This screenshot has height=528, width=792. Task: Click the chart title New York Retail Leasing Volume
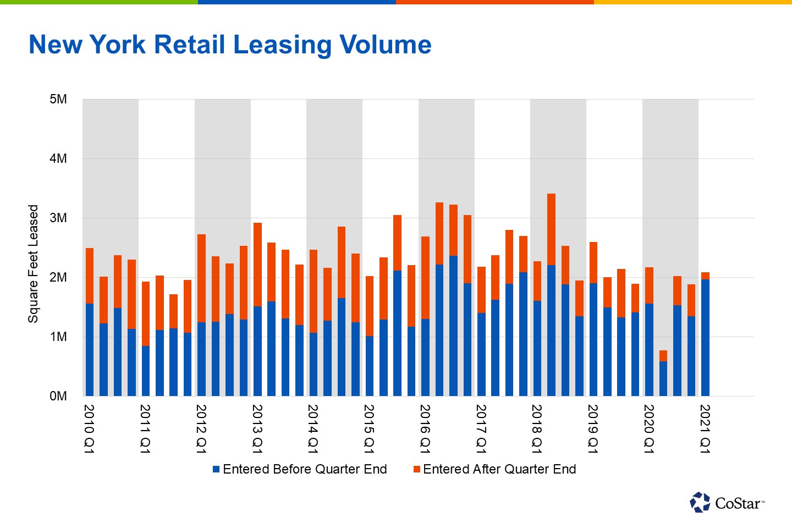[230, 45]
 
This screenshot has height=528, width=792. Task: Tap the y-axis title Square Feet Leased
[33, 263]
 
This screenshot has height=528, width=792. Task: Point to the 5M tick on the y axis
[58, 100]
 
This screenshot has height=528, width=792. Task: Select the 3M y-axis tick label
[58, 218]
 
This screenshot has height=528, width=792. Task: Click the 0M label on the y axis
[58, 396]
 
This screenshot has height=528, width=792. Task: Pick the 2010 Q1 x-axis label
[89, 429]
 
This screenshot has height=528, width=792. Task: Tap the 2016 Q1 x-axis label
[425, 429]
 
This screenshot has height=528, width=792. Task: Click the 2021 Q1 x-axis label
[705, 429]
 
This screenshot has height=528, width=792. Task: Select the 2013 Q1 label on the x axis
[257, 429]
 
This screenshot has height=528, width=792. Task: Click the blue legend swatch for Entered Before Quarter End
[216, 469]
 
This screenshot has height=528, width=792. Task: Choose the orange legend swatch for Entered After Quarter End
[416, 469]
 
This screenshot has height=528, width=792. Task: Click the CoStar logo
[726, 502]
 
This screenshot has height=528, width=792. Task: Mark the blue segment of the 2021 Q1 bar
[705, 338]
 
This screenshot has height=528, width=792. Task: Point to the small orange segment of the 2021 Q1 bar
[705, 276]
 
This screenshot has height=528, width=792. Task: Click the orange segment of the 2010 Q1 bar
[90, 276]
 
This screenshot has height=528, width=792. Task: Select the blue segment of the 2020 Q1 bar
[649, 350]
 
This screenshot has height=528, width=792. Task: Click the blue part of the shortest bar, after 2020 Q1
[663, 378]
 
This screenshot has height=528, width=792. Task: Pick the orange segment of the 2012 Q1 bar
[201, 278]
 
